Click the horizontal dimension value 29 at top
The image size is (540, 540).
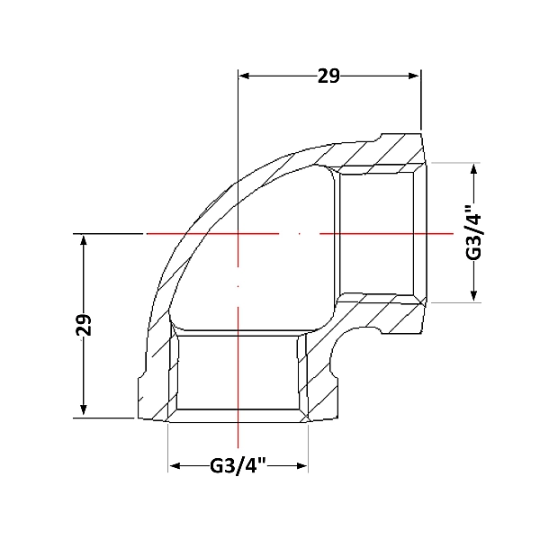point(328,76)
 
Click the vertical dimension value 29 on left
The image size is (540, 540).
point(84,325)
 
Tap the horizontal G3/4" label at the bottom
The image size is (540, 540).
point(238,466)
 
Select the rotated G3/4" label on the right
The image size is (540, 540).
point(473,233)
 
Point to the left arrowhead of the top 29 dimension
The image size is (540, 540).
point(244,76)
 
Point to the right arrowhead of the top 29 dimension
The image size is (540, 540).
point(414,76)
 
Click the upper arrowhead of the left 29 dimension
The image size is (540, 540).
point(84,239)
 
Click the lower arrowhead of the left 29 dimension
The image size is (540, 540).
point(84,409)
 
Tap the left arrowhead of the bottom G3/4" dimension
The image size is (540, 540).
point(175,466)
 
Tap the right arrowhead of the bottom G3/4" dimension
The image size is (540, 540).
point(301,466)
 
